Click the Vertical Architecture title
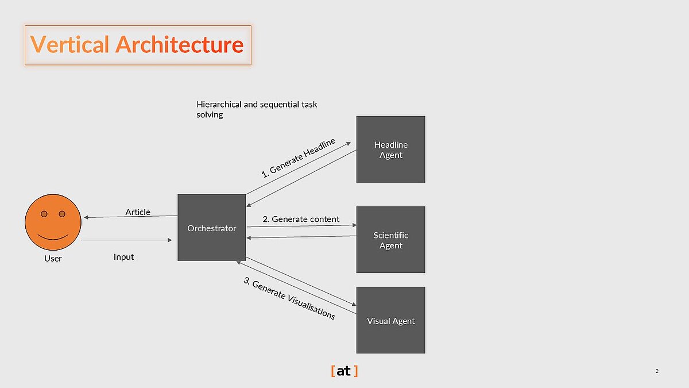pos(137,44)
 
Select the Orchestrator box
pos(211,228)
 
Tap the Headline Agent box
pos(390,149)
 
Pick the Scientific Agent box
pos(390,240)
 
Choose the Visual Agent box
pos(390,320)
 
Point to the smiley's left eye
pos(44,214)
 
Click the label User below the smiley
pos(53,258)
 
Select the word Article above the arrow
pos(138,212)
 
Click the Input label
pos(123,256)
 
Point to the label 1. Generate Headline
pos(298,157)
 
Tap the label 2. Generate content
pos(301,219)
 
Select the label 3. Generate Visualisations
pos(289,298)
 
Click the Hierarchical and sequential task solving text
pos(257,109)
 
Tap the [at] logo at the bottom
pos(344,371)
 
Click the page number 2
pos(656,371)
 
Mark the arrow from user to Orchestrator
pos(126,240)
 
